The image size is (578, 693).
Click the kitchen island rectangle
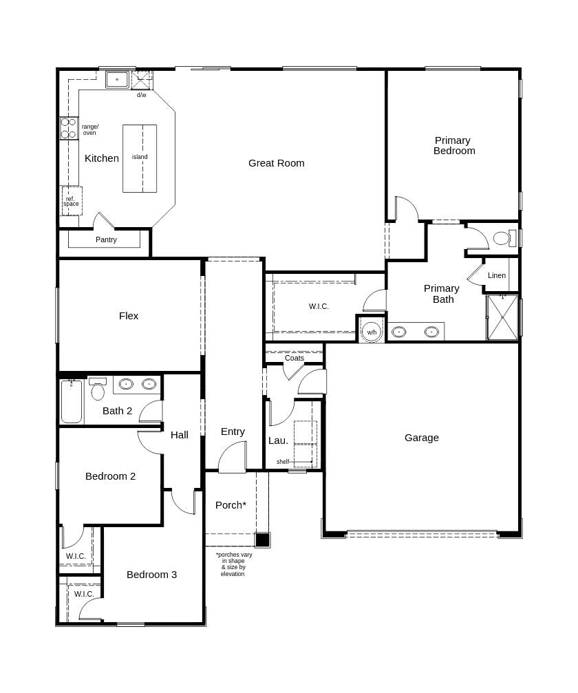[140, 158]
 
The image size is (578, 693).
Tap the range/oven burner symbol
[68, 129]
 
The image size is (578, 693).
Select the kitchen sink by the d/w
[117, 80]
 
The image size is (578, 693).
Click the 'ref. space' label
[71, 201]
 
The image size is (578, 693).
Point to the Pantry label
[106, 239]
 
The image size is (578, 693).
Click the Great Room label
[276, 163]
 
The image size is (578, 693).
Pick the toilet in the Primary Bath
[502, 238]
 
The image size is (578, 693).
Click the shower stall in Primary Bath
[502, 317]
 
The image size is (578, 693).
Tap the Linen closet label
[497, 275]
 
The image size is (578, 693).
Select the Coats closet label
[295, 358]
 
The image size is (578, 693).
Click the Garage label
[421, 438]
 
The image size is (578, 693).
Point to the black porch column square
[262, 540]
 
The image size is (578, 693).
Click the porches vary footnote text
[233, 564]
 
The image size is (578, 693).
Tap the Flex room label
[129, 316]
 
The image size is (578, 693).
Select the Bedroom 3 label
[151, 575]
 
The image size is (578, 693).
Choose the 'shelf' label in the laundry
[283, 462]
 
